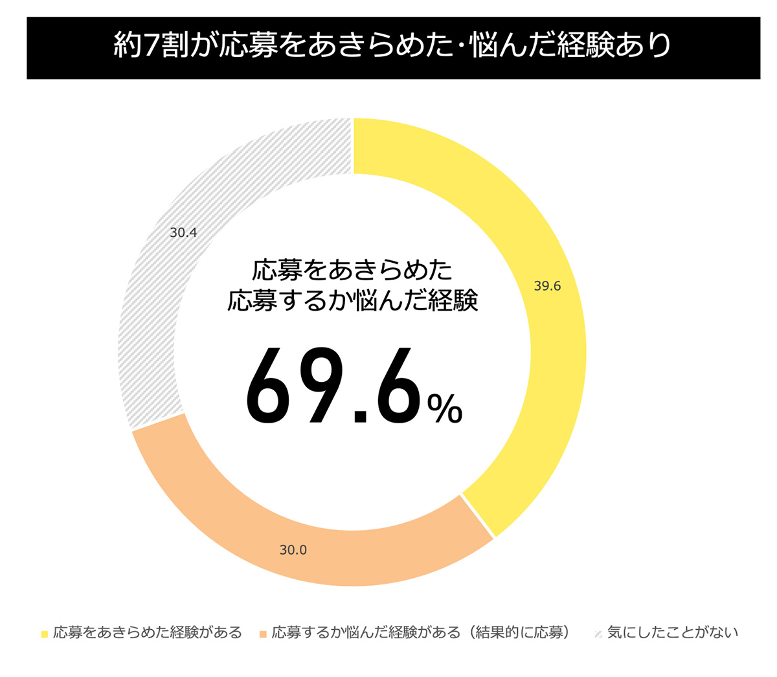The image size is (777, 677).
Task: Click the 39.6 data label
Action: click(x=547, y=286)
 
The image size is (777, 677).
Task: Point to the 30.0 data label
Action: click(x=293, y=550)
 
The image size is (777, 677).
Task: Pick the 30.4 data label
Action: click(x=183, y=232)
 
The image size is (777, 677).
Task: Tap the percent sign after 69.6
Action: click(x=445, y=408)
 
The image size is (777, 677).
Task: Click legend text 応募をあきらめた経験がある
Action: click(x=148, y=632)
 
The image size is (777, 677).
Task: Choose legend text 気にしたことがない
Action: click(x=673, y=632)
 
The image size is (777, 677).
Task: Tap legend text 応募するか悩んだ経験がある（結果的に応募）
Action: click(x=421, y=632)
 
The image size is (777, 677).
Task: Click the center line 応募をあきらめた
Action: click(x=352, y=270)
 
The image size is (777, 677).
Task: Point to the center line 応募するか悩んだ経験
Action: click(x=352, y=301)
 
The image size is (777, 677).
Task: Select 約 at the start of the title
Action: click(x=127, y=47)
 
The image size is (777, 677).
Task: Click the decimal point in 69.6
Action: click(x=359, y=416)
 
